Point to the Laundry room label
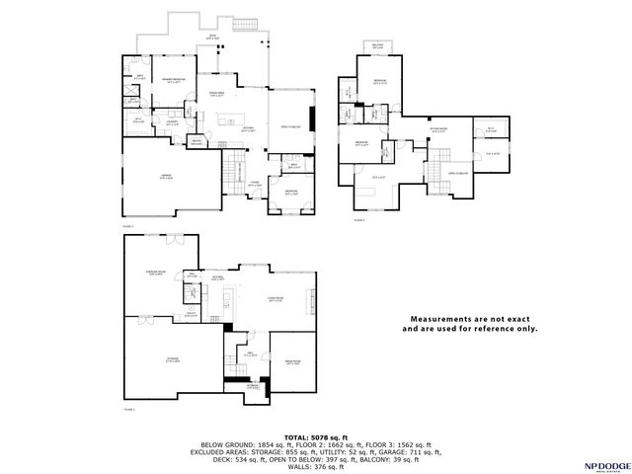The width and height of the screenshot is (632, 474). click(x=172, y=123)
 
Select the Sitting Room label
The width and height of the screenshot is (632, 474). click(x=437, y=128)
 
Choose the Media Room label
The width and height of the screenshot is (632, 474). click(x=291, y=363)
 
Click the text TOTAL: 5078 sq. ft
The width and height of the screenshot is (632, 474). click(x=316, y=435)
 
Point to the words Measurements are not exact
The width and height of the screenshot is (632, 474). click(x=470, y=320)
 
